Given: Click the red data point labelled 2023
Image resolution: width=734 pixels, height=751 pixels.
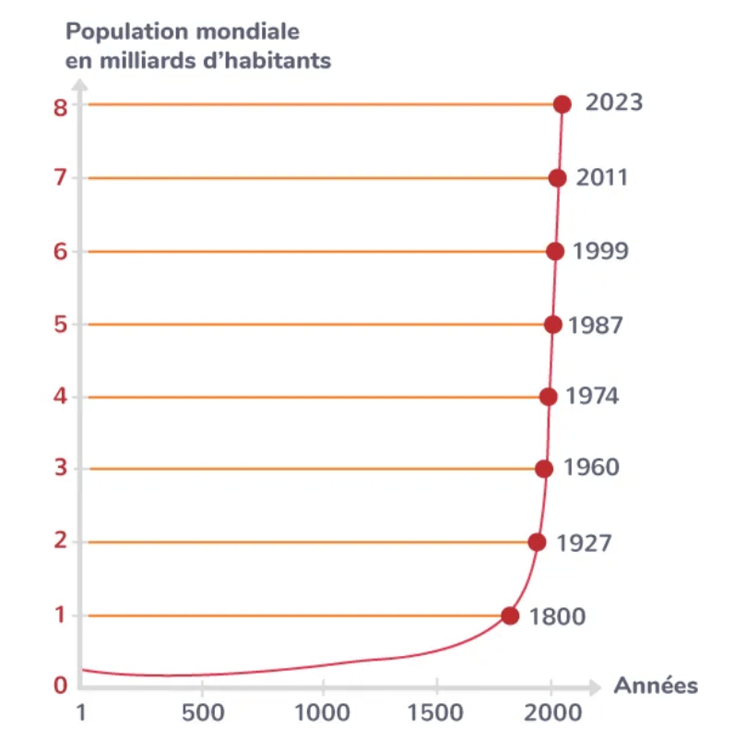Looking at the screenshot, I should (562, 104).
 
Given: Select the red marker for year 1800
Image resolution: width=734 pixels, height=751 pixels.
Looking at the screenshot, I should (510, 615).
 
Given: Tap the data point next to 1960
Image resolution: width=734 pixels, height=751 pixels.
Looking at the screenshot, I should (544, 469).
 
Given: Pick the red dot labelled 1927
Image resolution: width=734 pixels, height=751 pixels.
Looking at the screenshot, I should (537, 542).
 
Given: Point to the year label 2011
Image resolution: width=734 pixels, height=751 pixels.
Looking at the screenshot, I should (601, 177).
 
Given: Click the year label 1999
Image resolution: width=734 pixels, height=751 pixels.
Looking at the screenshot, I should (600, 251).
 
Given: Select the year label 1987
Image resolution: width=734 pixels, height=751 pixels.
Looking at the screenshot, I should (596, 325).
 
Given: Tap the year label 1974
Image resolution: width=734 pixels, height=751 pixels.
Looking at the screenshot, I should (592, 397).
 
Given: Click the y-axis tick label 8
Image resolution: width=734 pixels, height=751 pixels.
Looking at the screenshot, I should (61, 106).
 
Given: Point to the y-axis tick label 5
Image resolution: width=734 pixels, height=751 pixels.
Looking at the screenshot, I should (61, 325).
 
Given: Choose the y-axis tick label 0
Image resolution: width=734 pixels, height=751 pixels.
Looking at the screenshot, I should (61, 685).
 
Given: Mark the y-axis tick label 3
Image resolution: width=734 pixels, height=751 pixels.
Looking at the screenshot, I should (61, 470).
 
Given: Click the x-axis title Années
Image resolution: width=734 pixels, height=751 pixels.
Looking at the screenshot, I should (656, 685).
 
